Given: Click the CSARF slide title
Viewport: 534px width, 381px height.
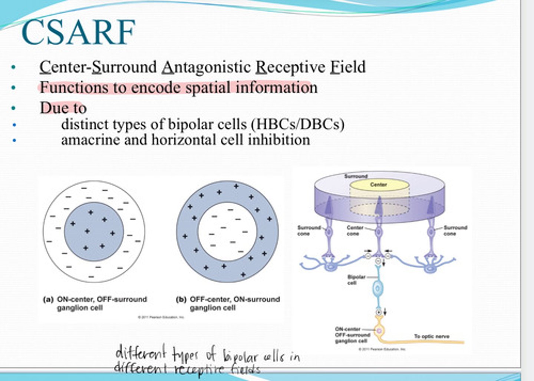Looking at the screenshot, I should [x=78, y=32].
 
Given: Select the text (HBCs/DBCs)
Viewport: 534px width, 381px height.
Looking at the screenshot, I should [x=297, y=124].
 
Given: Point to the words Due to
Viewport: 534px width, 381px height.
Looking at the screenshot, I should [x=63, y=108].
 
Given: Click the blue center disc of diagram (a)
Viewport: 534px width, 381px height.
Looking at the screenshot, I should [x=94, y=232].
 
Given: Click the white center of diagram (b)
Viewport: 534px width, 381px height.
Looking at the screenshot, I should [x=227, y=232].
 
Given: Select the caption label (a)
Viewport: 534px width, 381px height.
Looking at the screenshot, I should [x=48, y=299].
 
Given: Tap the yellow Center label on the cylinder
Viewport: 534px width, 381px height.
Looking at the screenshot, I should [x=378, y=185].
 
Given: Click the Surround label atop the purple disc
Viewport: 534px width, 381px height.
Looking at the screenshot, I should [x=356, y=176].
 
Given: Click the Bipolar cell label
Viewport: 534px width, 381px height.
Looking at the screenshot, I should [x=356, y=280].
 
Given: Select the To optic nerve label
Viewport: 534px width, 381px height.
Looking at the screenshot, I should [x=432, y=336].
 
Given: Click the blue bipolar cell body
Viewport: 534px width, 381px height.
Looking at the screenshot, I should [x=378, y=289].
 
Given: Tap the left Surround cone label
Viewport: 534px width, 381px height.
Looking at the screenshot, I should [x=309, y=231].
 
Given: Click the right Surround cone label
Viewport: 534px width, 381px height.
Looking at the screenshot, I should [x=455, y=231].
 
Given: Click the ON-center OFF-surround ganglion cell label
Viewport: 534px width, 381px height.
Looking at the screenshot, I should [x=350, y=335].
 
